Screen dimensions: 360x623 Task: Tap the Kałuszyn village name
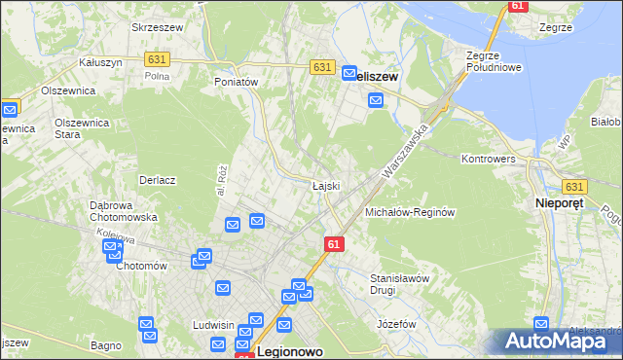(98, 61)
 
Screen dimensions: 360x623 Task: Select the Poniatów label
(236, 83)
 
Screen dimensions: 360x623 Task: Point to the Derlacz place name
(157, 180)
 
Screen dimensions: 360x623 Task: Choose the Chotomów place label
(142, 266)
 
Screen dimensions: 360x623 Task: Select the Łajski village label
(325, 186)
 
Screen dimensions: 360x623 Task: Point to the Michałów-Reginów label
(410, 212)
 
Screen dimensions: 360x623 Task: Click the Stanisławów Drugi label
(399, 284)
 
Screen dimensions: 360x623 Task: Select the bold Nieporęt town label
(566, 203)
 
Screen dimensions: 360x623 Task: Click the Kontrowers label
(488, 158)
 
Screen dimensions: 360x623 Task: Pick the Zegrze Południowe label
(495, 61)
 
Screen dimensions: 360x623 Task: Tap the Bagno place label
(104, 345)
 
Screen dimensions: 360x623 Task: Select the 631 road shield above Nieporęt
(573, 187)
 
